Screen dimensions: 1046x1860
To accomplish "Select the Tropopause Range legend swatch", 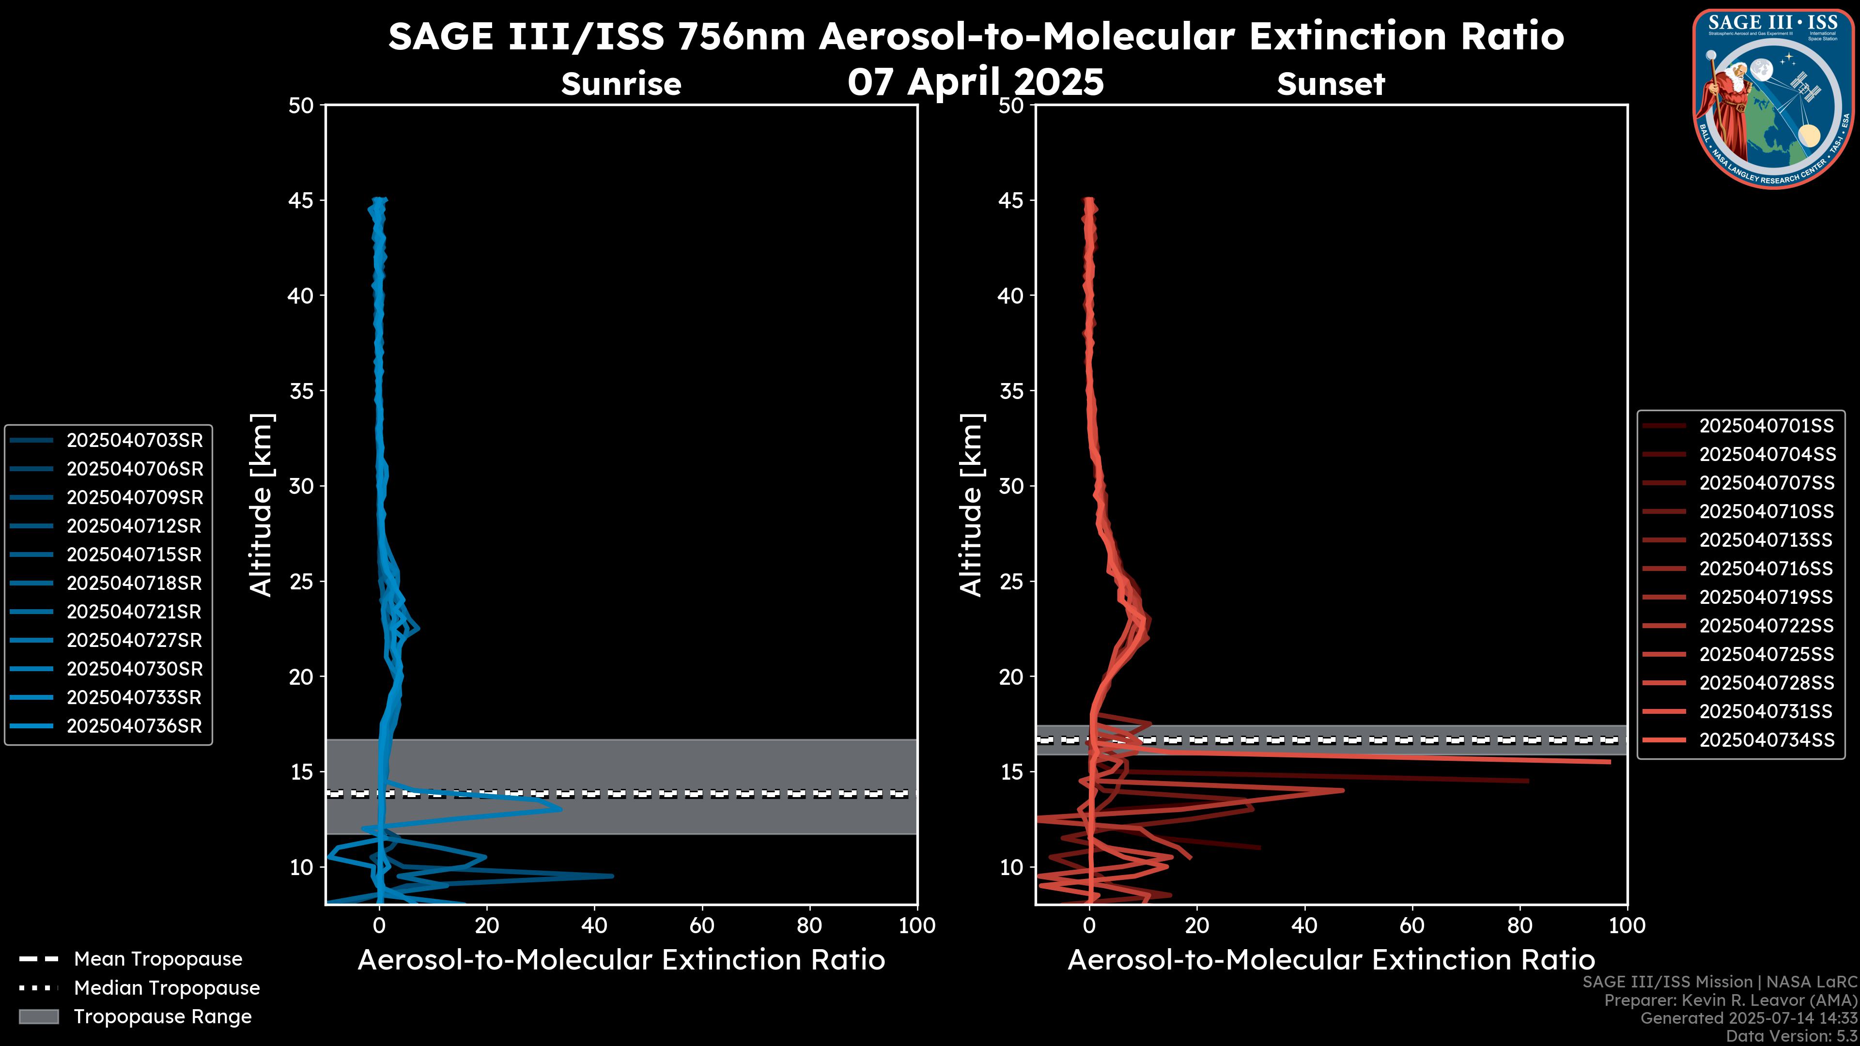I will coord(38,1016).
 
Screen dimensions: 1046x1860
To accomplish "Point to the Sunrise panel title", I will coord(621,84).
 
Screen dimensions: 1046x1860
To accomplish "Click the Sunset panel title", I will coord(1331,84).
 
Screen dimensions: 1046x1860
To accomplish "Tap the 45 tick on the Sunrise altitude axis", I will coord(301,200).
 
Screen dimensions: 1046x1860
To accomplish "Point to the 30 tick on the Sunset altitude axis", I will coord(1011,486).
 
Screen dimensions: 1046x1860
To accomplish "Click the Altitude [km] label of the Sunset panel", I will coord(971,505).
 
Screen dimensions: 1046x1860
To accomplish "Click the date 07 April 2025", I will coord(976,81).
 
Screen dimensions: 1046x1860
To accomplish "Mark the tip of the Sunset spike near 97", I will coord(1610,762).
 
